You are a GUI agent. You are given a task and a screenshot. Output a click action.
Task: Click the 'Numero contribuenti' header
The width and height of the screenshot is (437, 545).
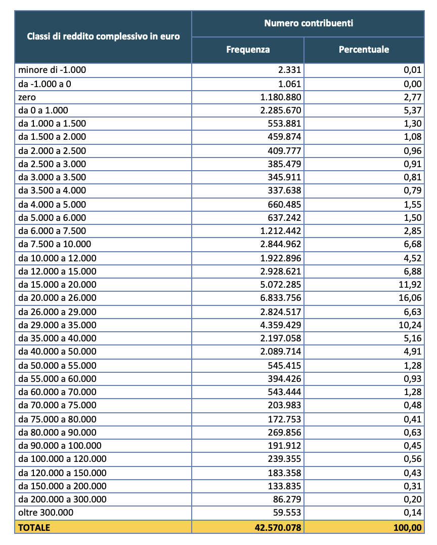tap(308, 23)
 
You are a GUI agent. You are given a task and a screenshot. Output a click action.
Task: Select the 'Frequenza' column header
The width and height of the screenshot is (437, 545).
tap(248, 50)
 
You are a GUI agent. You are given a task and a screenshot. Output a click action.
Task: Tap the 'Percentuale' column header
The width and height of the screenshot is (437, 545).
tap(364, 50)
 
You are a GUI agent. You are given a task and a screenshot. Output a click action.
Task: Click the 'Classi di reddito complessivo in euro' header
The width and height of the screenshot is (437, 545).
tap(103, 36)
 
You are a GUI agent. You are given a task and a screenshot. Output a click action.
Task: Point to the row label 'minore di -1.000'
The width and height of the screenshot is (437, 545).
tap(49, 70)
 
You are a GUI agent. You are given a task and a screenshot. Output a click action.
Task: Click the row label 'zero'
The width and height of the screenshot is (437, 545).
tap(27, 97)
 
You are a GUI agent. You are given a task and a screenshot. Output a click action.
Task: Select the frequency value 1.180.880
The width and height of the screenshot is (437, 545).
tap(279, 97)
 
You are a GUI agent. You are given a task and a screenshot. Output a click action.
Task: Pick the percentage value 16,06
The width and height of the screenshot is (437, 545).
tap(410, 298)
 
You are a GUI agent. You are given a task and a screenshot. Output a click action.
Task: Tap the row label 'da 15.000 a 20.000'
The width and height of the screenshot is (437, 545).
tap(57, 285)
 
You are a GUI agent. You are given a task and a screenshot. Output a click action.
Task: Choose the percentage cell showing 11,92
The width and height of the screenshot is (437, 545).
tap(410, 285)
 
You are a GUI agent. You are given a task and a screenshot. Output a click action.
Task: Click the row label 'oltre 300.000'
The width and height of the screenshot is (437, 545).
tap(46, 513)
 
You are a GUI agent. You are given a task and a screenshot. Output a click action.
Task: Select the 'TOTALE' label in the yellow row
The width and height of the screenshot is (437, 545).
tap(34, 527)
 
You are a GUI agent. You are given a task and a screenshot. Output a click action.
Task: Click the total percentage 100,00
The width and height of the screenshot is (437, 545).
tap(407, 527)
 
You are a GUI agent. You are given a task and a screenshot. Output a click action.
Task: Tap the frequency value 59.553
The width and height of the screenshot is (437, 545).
tap(287, 513)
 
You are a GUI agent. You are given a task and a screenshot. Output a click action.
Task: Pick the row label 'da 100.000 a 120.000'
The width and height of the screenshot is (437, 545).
tap(62, 459)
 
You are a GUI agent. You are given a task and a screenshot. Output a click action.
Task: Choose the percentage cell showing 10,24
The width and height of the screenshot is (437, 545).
tap(410, 325)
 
